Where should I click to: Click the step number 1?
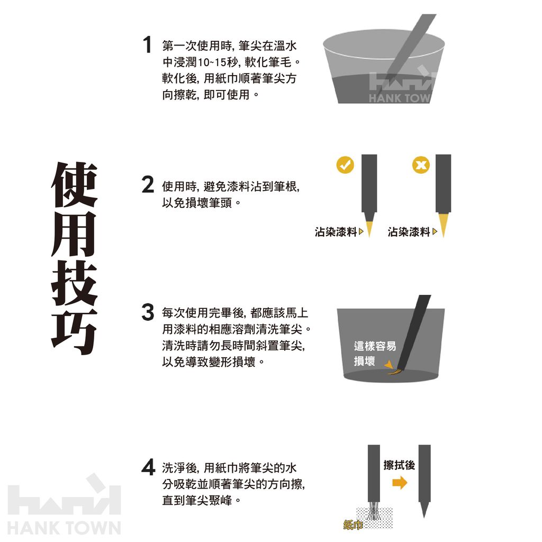click(148, 44)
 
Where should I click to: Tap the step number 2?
click(148, 185)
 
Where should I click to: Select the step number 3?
click(148, 312)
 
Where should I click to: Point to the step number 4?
click(148, 467)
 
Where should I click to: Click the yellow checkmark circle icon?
click(345, 165)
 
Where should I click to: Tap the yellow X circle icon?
click(421, 165)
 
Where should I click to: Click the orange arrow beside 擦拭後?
click(400, 483)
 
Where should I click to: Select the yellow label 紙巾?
click(353, 525)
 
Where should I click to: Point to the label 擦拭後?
click(399, 465)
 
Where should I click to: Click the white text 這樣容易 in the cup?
click(375, 346)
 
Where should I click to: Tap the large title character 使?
click(74, 185)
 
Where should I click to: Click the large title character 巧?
click(74, 331)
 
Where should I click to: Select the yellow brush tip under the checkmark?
click(369, 224)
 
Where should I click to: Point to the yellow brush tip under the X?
click(443, 224)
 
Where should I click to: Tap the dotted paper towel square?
click(374, 518)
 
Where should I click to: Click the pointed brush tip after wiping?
click(424, 510)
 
